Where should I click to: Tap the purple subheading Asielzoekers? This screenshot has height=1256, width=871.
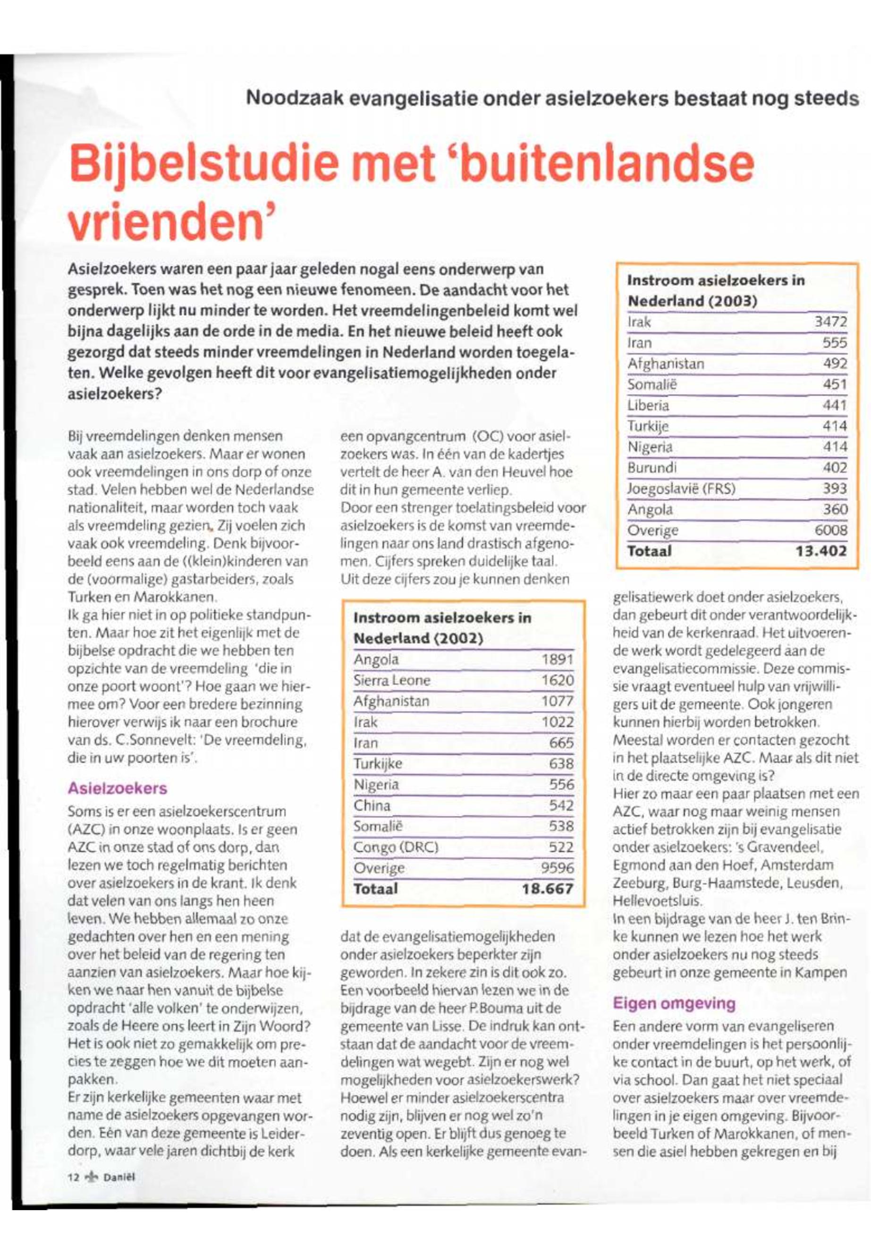pyautogui.click(x=118, y=788)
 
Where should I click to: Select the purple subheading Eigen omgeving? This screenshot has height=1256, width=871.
pyautogui.click(x=674, y=1003)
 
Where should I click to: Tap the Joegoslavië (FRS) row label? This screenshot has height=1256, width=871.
pyautogui.click(x=681, y=489)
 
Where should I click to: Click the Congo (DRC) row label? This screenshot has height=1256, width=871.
pyautogui.click(x=396, y=847)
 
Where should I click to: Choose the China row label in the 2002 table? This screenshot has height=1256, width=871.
pyautogui.click(x=372, y=805)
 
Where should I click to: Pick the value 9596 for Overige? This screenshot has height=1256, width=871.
pyautogui.click(x=557, y=868)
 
